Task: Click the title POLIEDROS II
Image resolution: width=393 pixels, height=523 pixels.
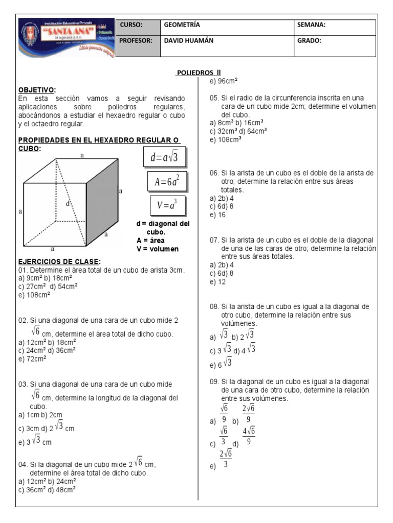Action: [x=199, y=73]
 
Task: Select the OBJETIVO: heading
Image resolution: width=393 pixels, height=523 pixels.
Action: [x=37, y=89]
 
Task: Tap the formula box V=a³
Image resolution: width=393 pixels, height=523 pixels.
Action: [x=167, y=205]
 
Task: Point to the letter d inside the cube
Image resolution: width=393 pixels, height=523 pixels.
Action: [x=67, y=203]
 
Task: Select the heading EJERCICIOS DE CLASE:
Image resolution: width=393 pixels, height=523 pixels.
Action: [x=59, y=261]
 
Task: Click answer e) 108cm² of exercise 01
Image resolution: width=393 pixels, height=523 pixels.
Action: [x=34, y=295]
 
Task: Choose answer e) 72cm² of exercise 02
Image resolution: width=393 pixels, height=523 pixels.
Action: [x=32, y=359]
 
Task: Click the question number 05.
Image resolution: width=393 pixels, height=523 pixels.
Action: [x=214, y=98]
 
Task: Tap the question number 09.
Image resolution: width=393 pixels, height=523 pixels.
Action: [x=214, y=382]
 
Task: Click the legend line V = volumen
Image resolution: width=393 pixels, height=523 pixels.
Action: [x=158, y=249]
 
